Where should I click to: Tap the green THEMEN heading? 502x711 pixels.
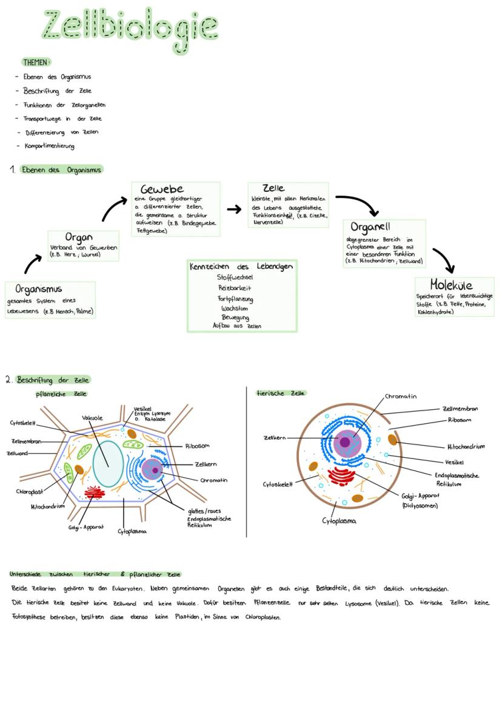36,62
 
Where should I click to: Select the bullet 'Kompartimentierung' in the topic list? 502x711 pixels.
50,146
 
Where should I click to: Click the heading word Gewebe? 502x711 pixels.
162,189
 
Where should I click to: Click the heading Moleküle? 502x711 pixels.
451,284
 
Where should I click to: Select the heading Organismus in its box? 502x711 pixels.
39,288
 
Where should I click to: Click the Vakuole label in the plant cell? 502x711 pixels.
92,418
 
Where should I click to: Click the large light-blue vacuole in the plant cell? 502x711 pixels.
108,463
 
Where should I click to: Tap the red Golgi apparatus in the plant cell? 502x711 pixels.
95,491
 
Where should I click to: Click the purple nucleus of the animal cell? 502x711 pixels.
344,442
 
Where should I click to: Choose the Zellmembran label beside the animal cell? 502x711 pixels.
460,409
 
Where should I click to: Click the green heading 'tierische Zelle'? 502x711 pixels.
281,393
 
